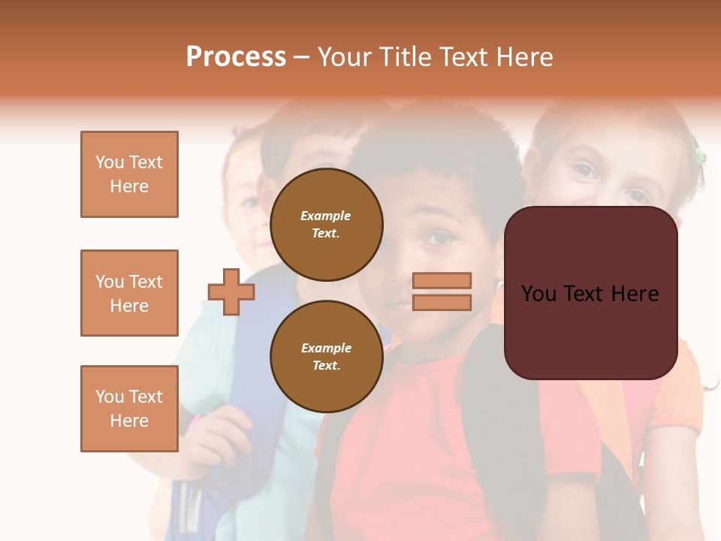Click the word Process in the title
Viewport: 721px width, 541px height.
click(236, 57)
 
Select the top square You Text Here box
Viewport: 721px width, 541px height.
click(129, 174)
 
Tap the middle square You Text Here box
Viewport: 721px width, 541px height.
click(129, 293)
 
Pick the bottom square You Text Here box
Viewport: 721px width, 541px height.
click(129, 409)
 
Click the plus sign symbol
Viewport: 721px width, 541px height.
click(231, 292)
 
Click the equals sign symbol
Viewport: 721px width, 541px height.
click(442, 292)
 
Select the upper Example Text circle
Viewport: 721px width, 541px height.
click(326, 225)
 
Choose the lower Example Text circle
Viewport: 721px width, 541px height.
click(326, 357)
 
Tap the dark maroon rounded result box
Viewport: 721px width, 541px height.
click(590, 293)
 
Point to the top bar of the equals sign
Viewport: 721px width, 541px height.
click(442, 280)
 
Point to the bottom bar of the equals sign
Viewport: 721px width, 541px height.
click(442, 303)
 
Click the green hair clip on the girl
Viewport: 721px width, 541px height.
click(699, 156)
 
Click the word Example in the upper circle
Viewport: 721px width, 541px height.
click(326, 216)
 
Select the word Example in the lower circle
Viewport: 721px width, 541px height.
click(326, 348)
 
